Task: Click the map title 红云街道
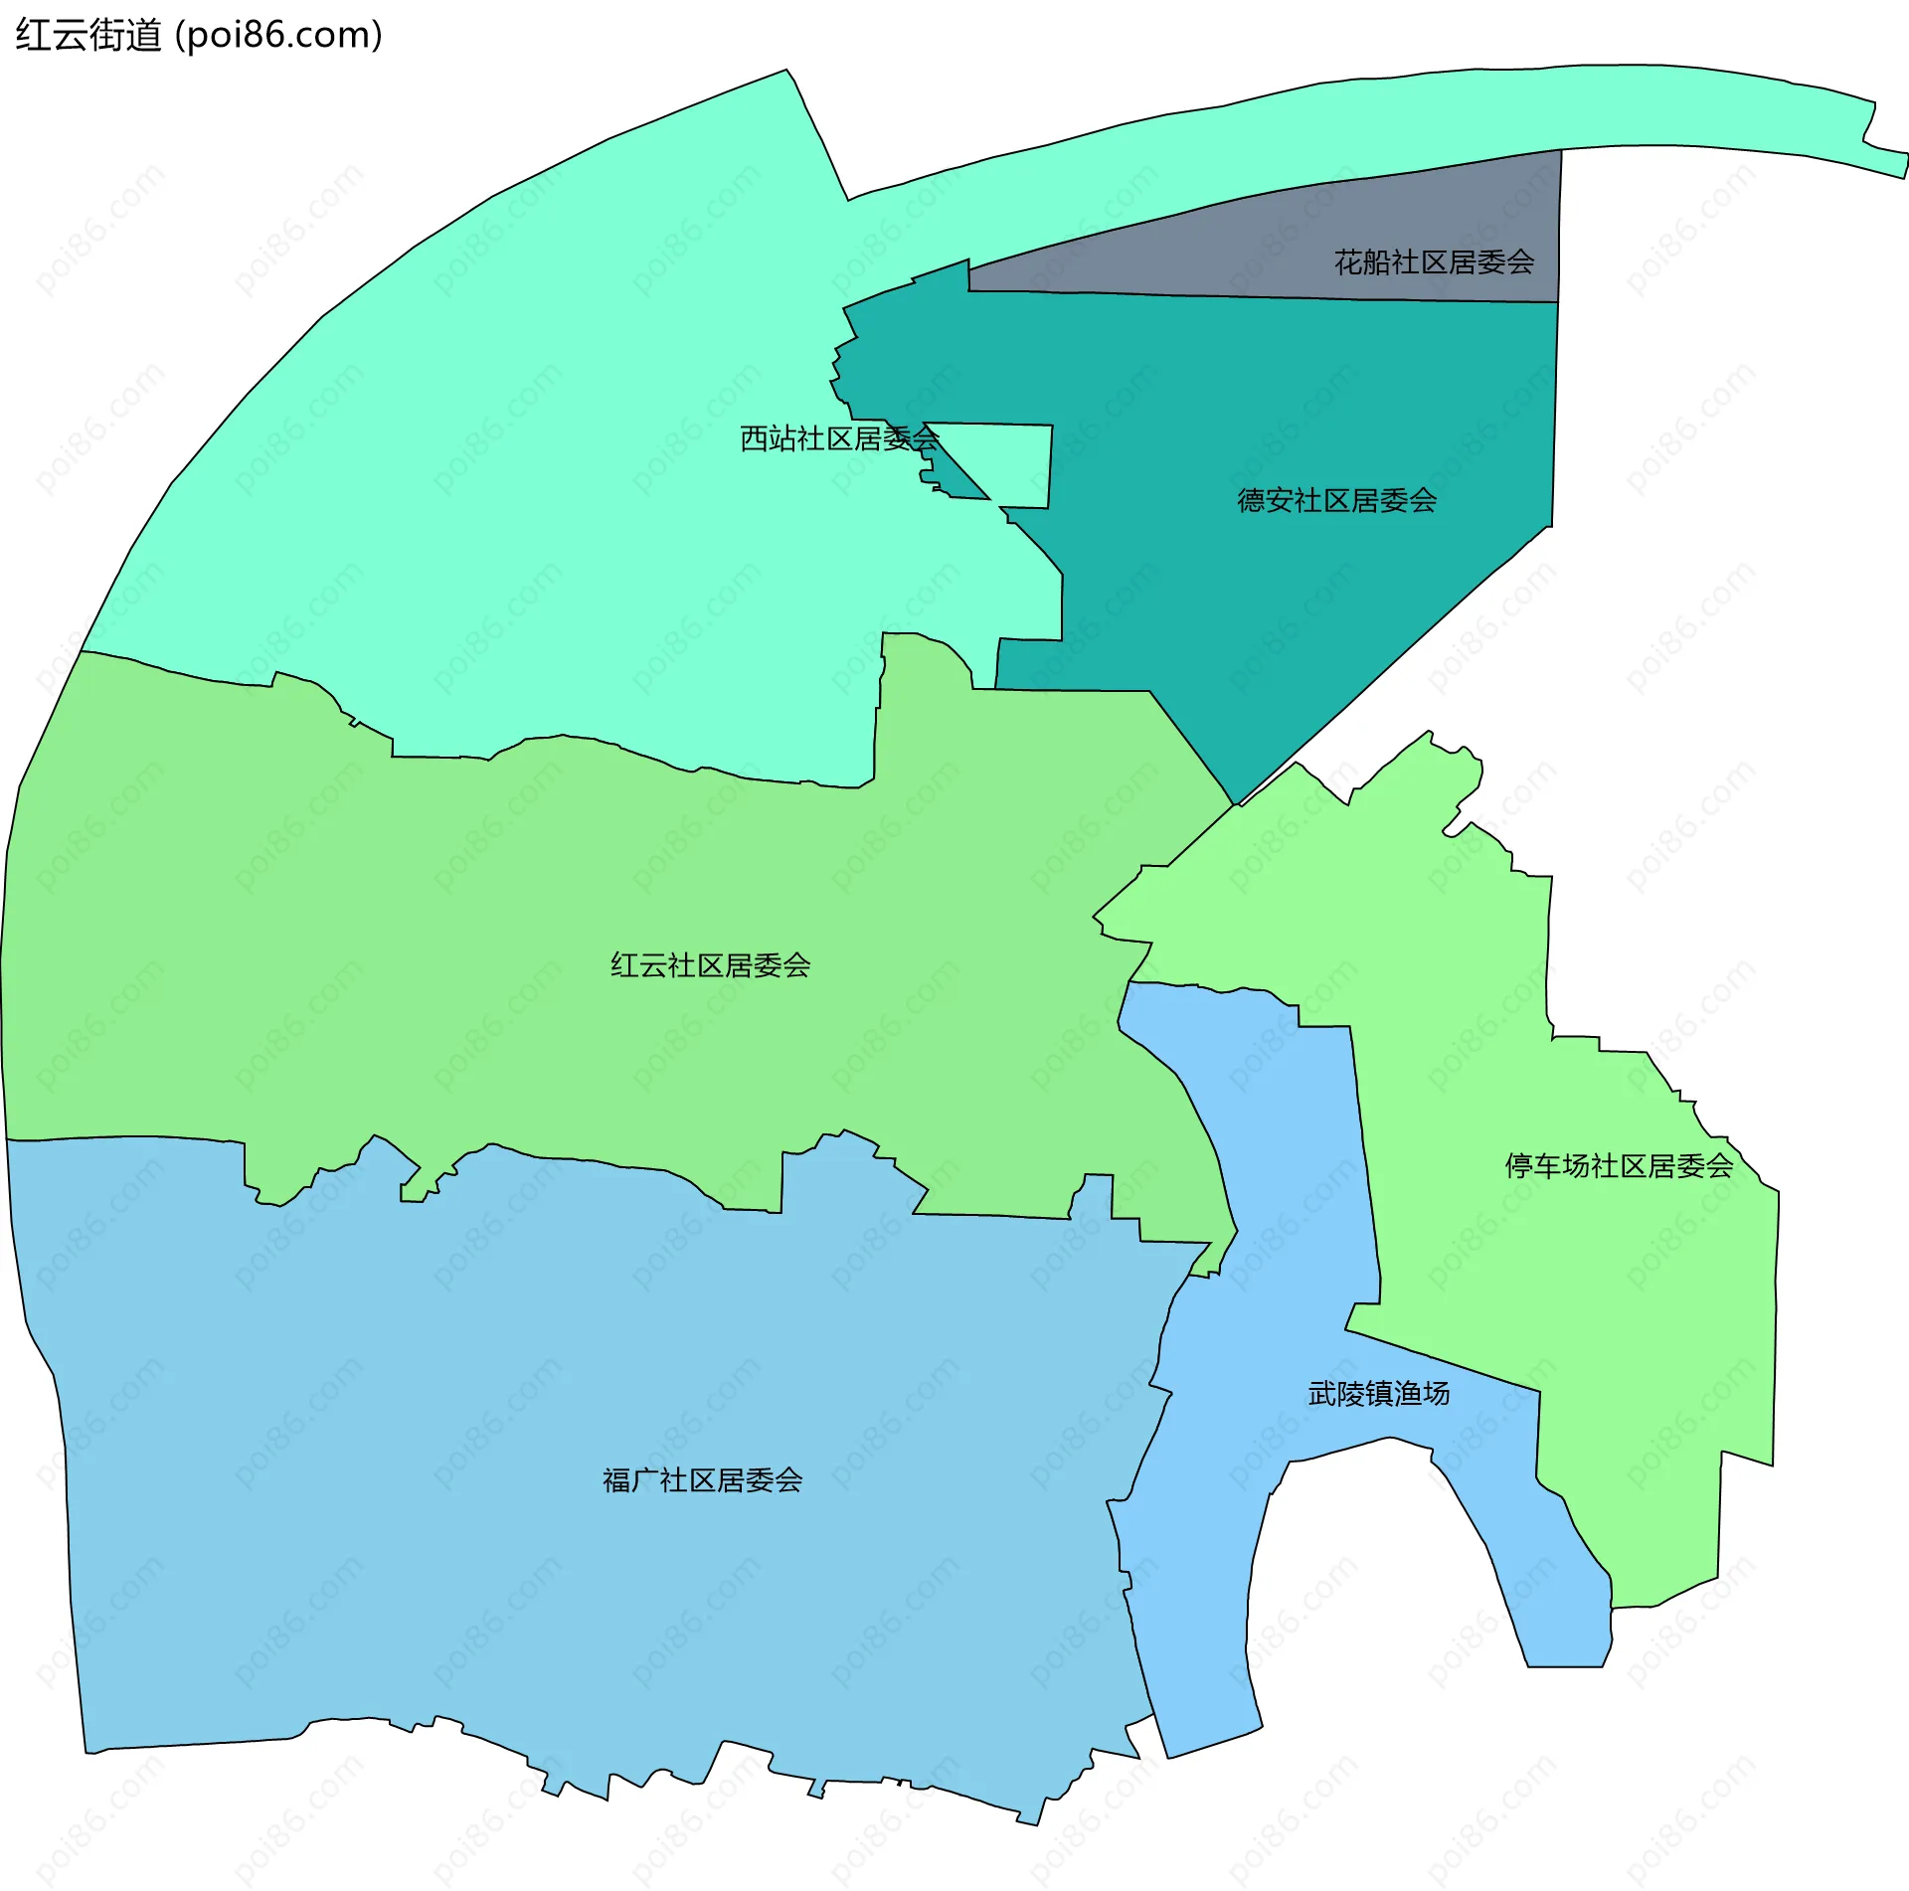[88, 36]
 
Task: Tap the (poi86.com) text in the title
[278, 36]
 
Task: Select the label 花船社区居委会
[1434, 262]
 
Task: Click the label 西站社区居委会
[839, 438]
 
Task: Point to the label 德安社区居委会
[1336, 500]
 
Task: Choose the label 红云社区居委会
[710, 965]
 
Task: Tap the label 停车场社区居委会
[1619, 1166]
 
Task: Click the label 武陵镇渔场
[1378, 1394]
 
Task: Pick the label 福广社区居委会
[702, 1480]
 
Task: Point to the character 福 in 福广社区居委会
[616, 1480]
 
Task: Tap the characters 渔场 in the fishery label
[1422, 1394]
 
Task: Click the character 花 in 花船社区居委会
[1348, 262]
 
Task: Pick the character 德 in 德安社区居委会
[1251, 500]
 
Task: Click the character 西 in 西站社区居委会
[754, 438]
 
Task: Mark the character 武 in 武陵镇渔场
[1321, 1394]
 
